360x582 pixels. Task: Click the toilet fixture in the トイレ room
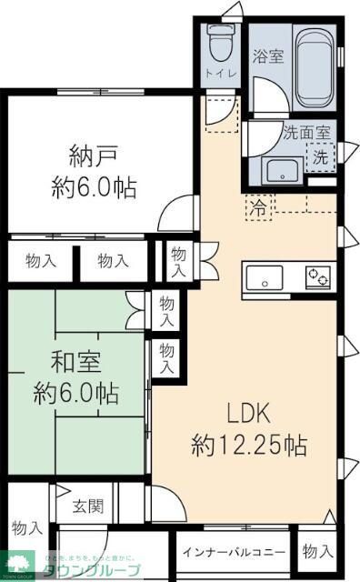click(218, 41)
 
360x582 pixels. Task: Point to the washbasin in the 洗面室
click(282, 169)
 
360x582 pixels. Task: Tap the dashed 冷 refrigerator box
click(260, 206)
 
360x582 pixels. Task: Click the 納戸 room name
click(92, 151)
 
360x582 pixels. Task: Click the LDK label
click(245, 415)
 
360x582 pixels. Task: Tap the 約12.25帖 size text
click(248, 446)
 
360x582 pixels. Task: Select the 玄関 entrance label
click(87, 507)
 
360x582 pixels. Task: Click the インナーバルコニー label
click(234, 552)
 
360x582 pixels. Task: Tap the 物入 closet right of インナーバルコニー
click(318, 551)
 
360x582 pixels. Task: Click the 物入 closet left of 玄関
click(26, 527)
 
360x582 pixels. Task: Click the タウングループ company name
click(99, 571)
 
